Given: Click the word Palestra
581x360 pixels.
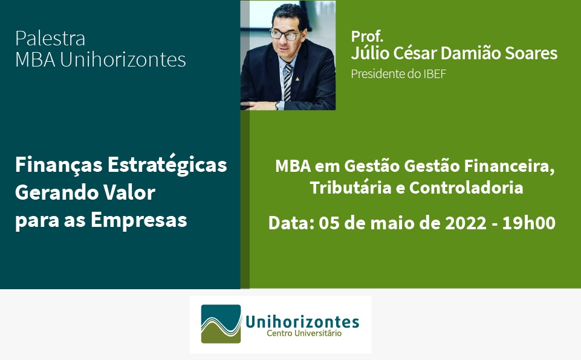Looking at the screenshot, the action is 50,38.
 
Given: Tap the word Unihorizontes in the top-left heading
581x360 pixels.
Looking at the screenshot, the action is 123,59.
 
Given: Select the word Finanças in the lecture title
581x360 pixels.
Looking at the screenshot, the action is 59,165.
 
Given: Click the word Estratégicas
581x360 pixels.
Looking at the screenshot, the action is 167,164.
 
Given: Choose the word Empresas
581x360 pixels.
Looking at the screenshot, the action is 139,221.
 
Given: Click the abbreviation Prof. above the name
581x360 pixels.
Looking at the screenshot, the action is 367,36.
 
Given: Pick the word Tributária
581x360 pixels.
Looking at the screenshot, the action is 351,188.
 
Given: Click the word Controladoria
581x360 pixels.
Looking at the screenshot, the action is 466,188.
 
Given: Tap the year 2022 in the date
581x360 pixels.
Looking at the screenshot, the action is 466,223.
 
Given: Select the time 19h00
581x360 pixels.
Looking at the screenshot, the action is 529,223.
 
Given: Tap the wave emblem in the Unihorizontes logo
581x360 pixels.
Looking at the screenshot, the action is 221,324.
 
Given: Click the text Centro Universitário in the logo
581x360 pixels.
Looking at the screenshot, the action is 304,333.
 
